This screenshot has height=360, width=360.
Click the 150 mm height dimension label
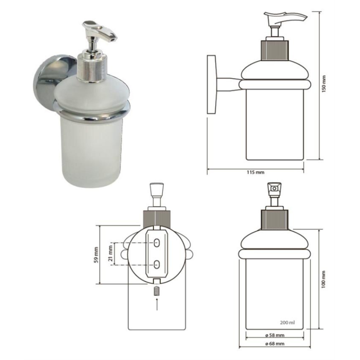coord(324,84)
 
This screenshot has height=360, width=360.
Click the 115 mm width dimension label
coord(255,172)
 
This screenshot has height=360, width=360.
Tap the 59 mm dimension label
coord(96,255)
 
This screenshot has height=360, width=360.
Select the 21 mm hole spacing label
coord(111,253)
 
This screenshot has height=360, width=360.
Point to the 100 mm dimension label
coord(324,279)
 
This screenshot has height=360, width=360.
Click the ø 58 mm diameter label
coord(275,335)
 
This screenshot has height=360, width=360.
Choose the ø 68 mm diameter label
coord(275,344)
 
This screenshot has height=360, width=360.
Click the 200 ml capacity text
coord(287,323)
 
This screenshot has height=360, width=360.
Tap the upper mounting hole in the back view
coord(157,243)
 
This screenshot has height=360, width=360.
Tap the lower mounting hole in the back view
coord(157,265)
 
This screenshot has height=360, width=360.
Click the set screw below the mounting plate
coord(157,291)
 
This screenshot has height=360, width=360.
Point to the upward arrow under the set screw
coord(157,304)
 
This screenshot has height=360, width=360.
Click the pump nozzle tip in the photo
coord(112,39)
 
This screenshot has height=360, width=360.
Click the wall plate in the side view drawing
coord(212,84)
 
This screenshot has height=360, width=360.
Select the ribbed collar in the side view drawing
coord(275,50)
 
